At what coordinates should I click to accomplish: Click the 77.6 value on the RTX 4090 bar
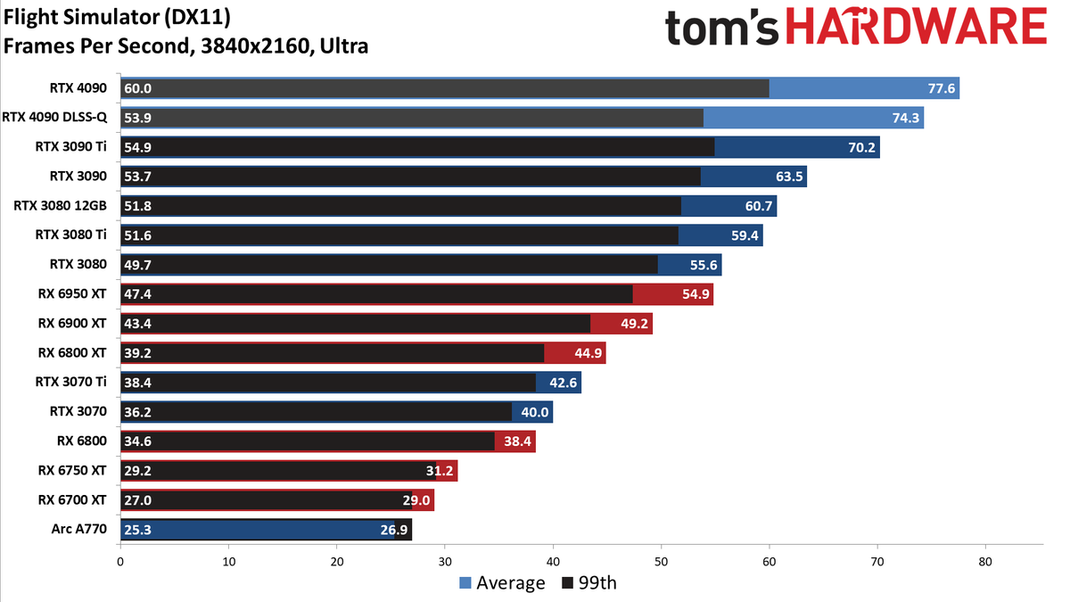(x=941, y=88)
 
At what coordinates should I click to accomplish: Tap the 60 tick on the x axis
(x=770, y=562)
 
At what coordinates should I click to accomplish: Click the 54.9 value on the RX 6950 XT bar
(x=695, y=294)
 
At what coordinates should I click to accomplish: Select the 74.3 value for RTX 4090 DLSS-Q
(x=905, y=118)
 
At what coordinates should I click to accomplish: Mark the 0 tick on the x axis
(x=120, y=562)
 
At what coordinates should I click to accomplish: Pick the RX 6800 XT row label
(x=72, y=352)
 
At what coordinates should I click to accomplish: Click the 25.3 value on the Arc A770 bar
(x=138, y=529)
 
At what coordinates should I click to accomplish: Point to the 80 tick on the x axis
(x=985, y=562)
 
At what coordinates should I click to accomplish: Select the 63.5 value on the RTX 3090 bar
(x=789, y=177)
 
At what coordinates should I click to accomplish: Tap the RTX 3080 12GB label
(x=61, y=206)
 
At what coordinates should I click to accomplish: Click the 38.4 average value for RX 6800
(x=517, y=441)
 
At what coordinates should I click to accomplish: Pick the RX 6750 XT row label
(x=72, y=470)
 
